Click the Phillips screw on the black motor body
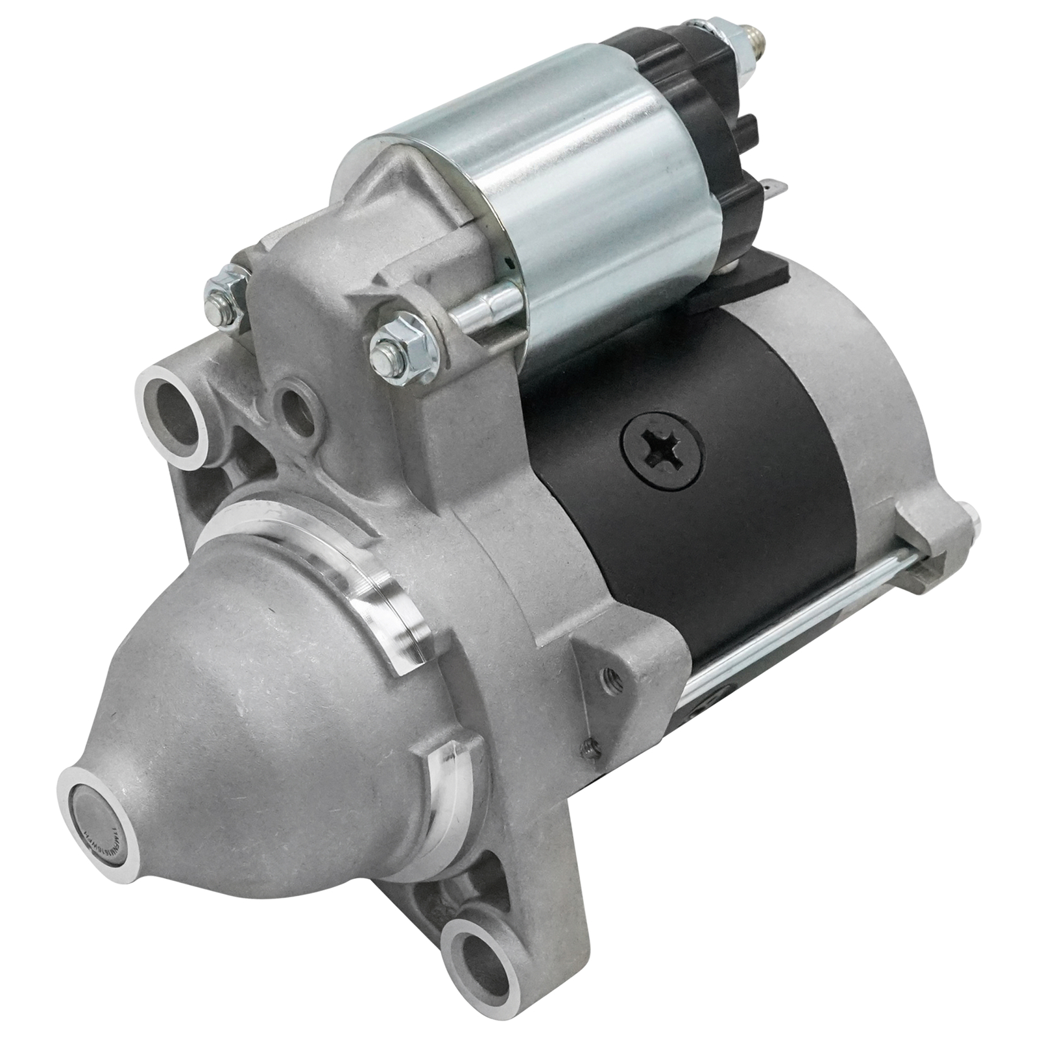pyautogui.click(x=660, y=448)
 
